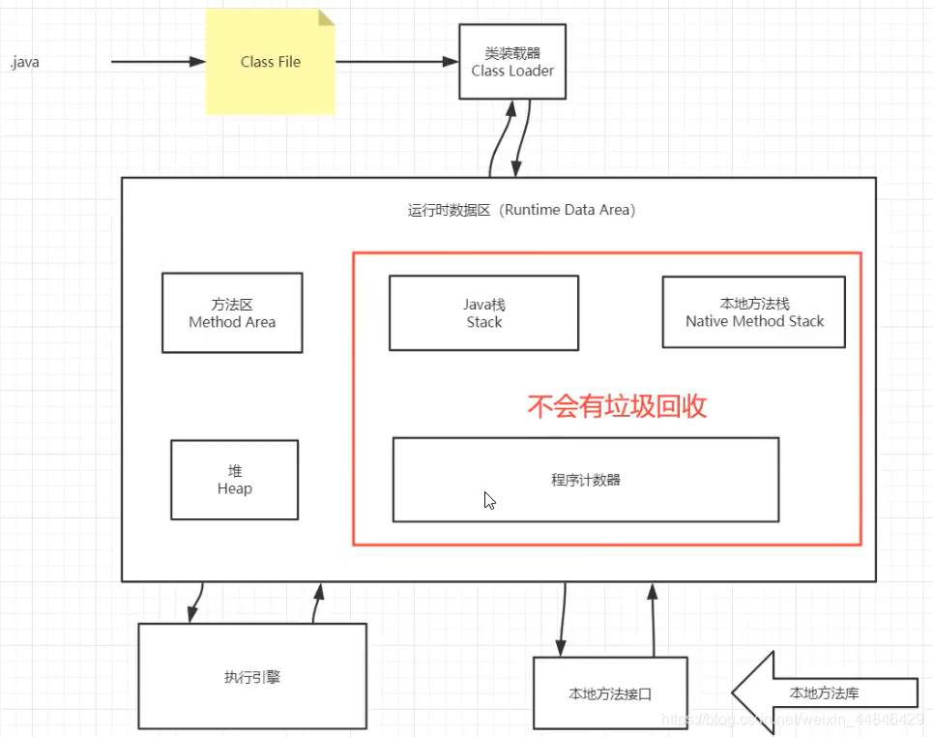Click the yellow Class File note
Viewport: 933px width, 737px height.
point(270,62)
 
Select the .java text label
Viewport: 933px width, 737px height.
point(24,63)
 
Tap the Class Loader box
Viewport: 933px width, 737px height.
point(512,62)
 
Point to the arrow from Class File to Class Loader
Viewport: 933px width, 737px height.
point(396,62)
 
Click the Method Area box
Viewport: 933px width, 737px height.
point(232,312)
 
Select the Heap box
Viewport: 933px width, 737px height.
point(234,480)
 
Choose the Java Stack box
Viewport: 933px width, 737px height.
point(483,312)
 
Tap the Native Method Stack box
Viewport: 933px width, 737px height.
point(754,311)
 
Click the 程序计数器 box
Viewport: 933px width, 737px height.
point(585,480)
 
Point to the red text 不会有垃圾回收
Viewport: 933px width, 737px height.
point(617,405)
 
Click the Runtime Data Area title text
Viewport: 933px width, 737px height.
point(521,210)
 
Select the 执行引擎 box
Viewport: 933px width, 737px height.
point(251,676)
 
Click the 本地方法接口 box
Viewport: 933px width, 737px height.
point(610,693)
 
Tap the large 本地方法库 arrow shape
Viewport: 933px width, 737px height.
point(822,693)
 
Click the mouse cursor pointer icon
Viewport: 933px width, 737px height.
point(489,500)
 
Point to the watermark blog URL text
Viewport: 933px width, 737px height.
point(788,721)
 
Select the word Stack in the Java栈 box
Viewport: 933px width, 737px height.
point(483,322)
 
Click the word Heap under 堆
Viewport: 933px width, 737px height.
point(234,489)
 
